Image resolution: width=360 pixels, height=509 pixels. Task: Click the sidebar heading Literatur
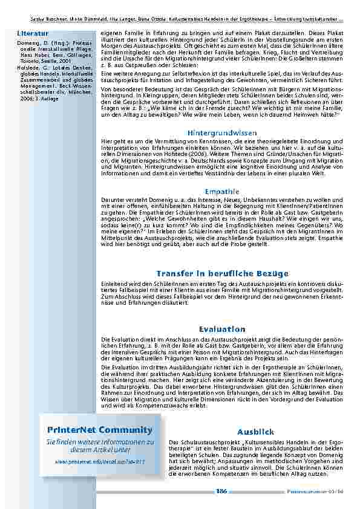click(30, 32)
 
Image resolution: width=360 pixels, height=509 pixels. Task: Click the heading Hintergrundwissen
click(218, 132)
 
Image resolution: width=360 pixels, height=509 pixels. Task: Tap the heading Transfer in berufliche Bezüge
click(222, 274)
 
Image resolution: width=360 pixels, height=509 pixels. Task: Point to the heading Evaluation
click(222, 329)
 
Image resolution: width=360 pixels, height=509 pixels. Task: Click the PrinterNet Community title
click(99, 430)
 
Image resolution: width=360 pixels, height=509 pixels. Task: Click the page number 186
click(221, 491)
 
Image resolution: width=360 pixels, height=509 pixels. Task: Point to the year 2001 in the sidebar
click(65, 62)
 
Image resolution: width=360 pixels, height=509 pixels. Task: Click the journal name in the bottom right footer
click(309, 491)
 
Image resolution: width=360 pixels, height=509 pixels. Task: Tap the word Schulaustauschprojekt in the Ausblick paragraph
click(208, 443)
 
